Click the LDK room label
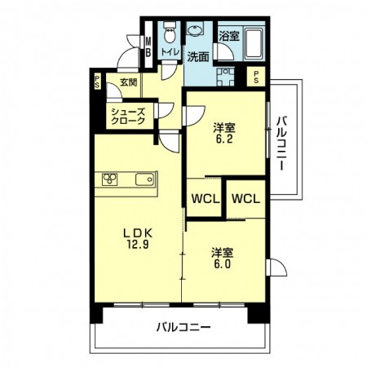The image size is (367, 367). tap(135, 231)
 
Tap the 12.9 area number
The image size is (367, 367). tap(135, 243)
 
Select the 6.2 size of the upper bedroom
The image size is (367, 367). tap(223, 139)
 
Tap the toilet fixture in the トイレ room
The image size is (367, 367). tap(169, 34)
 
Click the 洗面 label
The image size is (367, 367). tap(197, 57)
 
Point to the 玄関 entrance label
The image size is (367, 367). tap(128, 82)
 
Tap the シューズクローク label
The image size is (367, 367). tap(130, 116)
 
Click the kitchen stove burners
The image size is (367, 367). tap(112, 179)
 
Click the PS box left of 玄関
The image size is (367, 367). tap(97, 82)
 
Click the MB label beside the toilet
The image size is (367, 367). tap(148, 47)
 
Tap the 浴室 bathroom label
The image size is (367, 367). tap(229, 36)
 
